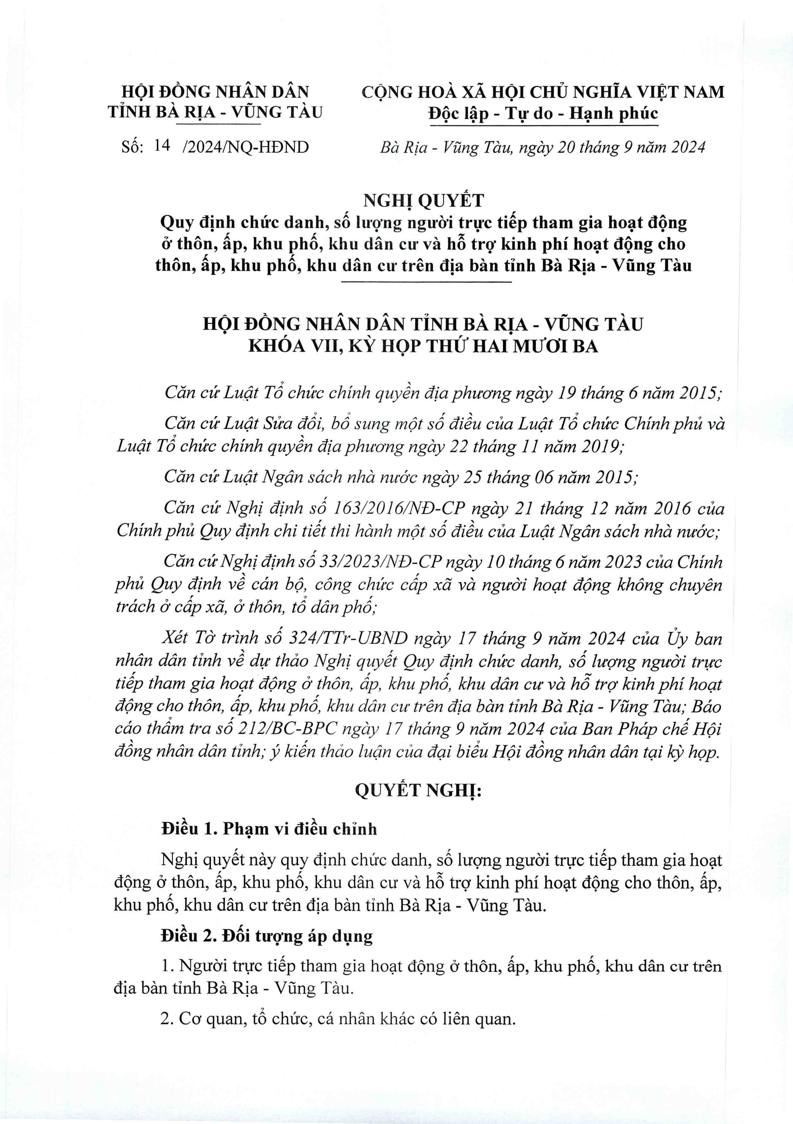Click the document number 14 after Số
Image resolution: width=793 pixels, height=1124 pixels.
click(x=162, y=145)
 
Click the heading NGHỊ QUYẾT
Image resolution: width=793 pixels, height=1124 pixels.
click(x=423, y=200)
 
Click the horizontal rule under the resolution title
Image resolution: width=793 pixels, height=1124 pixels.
click(x=426, y=282)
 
